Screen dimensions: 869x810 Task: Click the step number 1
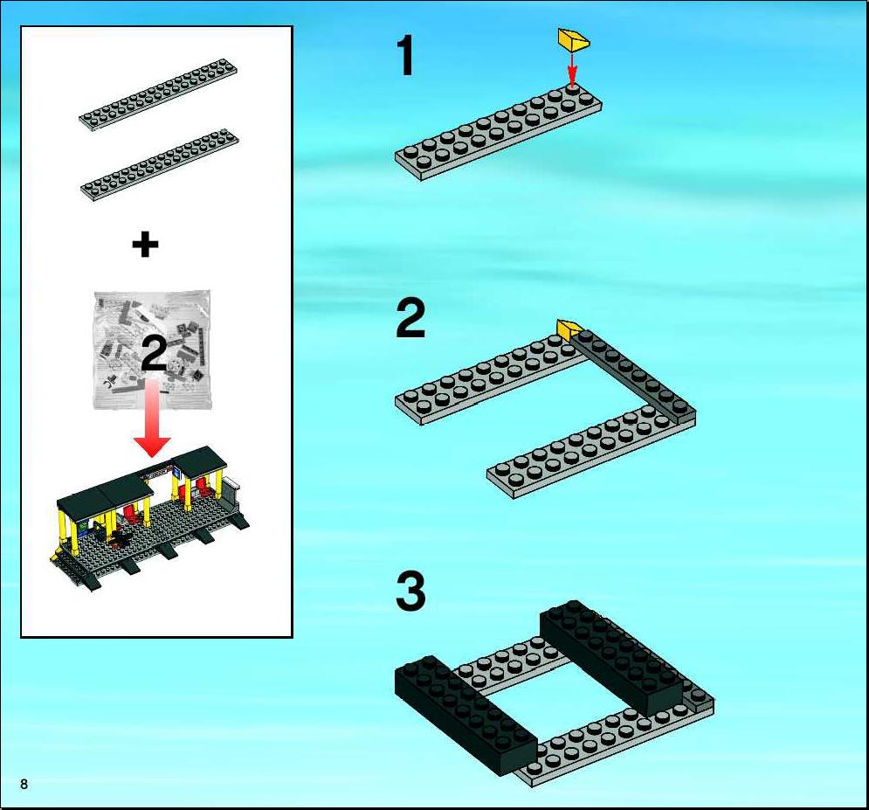[x=406, y=55]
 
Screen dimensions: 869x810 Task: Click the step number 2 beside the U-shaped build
[x=410, y=319]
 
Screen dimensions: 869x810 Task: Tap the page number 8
[x=24, y=784]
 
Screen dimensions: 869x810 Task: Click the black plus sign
[x=145, y=245]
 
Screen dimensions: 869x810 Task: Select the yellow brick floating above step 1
[x=573, y=40]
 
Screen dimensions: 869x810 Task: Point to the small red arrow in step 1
[x=572, y=69]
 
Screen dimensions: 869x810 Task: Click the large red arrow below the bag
[x=152, y=419]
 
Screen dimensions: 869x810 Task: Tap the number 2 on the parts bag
[x=154, y=354]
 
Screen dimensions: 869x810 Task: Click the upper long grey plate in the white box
[x=158, y=93]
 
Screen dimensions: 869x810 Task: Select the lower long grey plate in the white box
[x=160, y=164]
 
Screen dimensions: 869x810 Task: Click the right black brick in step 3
[x=611, y=658]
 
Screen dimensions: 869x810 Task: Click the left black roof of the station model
[x=104, y=494]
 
